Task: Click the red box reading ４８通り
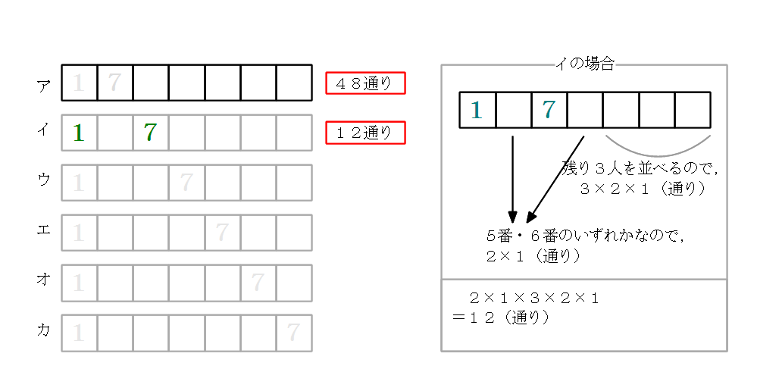point(365,83)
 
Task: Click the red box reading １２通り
point(365,133)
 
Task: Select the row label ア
point(44,83)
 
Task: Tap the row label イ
point(44,130)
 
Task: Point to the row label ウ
point(44,180)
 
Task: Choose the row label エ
point(44,230)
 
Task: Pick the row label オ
point(44,280)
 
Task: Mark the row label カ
point(44,330)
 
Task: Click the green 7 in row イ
point(150,133)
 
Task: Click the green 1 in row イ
point(78,133)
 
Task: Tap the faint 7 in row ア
point(114,83)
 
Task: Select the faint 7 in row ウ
point(186,183)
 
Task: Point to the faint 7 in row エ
point(222,233)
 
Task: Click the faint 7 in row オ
point(258,283)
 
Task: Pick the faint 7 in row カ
point(293,333)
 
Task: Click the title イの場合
point(584,65)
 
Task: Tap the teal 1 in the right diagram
point(477,111)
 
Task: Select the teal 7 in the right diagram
point(549,111)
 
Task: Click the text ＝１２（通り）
point(500,317)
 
